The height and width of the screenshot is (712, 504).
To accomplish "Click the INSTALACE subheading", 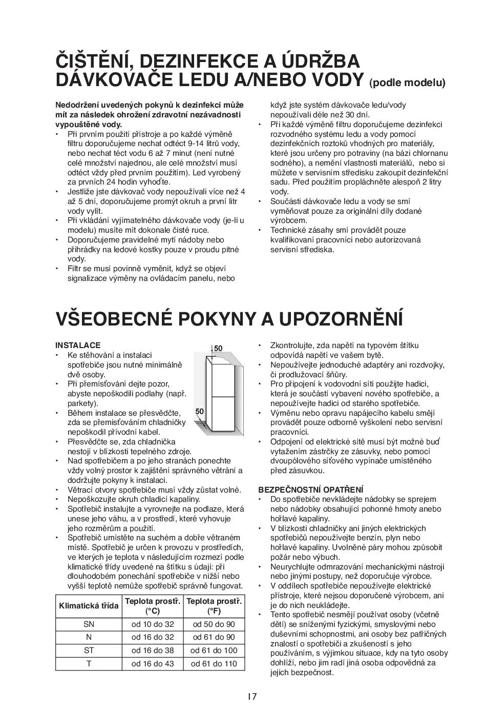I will [78, 345].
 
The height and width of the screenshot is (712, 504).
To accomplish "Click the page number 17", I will [251, 696].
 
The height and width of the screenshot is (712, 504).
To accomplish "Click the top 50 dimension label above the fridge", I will [218, 349].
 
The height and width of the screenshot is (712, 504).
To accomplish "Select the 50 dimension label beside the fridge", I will [200, 411].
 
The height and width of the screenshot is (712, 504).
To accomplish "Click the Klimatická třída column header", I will [89, 606].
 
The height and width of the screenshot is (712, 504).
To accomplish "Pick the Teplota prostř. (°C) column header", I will [153, 606].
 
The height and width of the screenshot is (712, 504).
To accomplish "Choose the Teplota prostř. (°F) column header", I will [214, 606].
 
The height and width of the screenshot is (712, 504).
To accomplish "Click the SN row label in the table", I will [89, 624].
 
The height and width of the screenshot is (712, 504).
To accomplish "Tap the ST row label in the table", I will [89, 650].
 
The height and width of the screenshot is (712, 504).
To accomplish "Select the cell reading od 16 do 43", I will [153, 664].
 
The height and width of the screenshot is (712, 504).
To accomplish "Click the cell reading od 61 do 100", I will [214, 650].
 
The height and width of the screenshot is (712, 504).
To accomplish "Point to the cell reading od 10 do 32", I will [153, 624].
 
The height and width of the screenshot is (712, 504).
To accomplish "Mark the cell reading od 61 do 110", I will [214, 664].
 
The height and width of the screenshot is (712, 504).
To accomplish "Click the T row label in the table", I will [89, 664].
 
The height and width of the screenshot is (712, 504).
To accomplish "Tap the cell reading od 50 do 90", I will [214, 624].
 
